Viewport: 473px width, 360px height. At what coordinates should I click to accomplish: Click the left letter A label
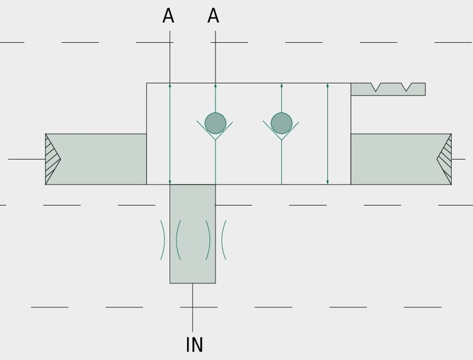coord(169,15)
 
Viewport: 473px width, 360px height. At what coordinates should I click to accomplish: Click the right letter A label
coord(213,15)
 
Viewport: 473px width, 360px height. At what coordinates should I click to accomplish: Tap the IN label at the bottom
coord(195,345)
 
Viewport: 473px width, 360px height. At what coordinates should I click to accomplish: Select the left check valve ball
coord(215,123)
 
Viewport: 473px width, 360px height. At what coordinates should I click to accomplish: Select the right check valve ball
coord(281,123)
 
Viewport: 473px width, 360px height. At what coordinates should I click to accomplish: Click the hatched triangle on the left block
coord(51,159)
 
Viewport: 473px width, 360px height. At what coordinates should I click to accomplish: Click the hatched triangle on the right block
coord(445,159)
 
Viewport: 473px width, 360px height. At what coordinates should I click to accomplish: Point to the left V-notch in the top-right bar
coord(376,87)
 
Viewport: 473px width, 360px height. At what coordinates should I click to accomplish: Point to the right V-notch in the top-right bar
coord(406,87)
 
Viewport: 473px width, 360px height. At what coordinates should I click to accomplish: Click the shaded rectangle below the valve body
coord(192,234)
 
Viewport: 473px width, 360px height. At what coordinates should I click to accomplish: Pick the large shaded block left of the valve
coord(96,159)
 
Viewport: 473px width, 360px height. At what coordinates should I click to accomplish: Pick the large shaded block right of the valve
coord(401,159)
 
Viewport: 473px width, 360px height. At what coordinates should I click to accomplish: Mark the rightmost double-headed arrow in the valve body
coord(328,134)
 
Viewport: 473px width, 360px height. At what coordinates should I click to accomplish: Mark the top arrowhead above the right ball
coord(281,85)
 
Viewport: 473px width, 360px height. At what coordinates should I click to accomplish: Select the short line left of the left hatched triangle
coord(26,159)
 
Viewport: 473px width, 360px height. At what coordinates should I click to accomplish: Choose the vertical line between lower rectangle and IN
coord(193,307)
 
